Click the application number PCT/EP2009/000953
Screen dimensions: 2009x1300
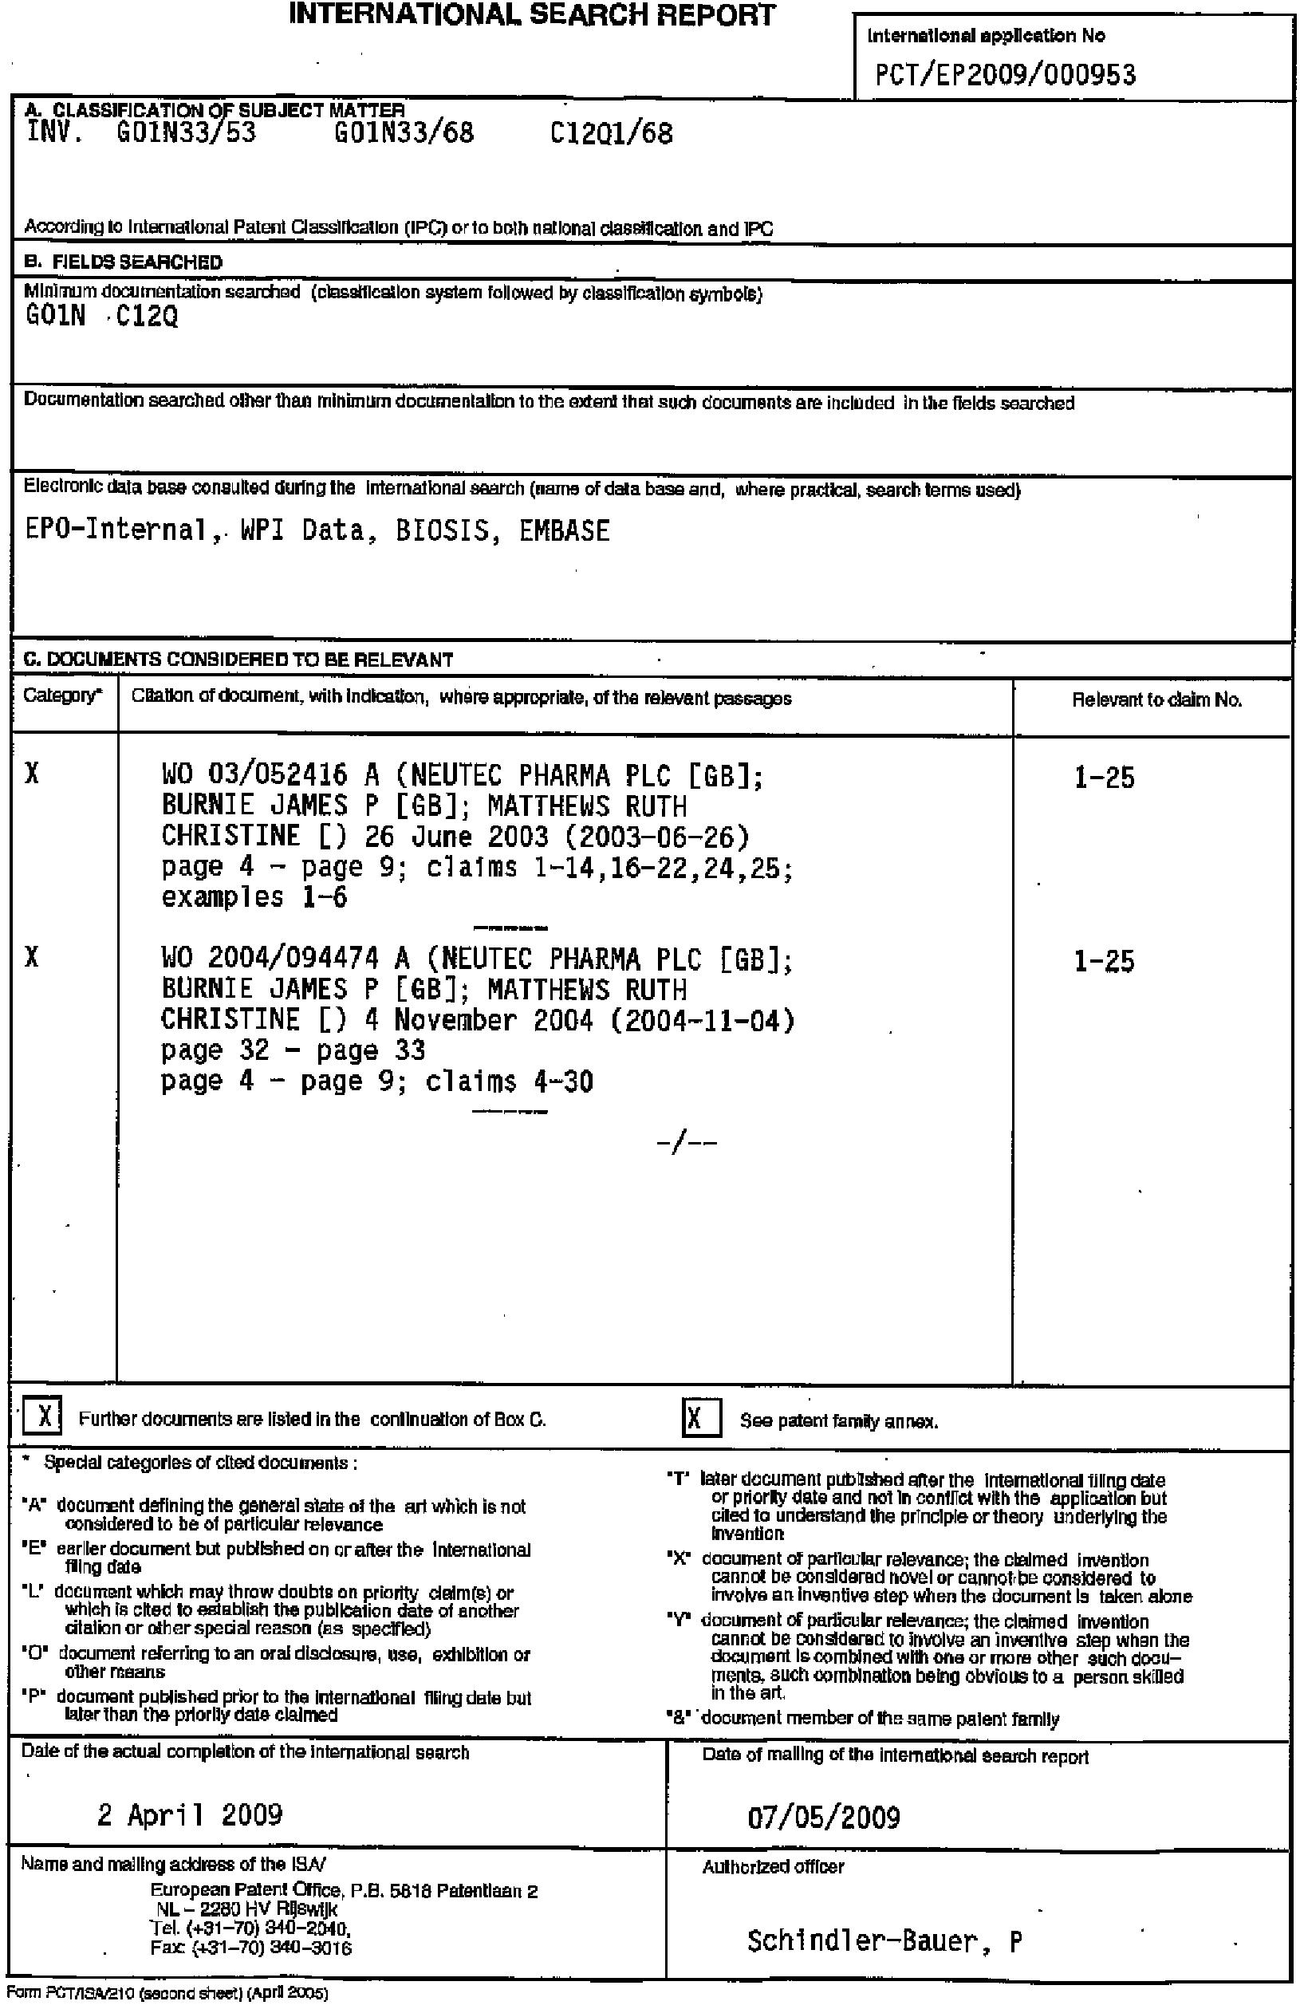pos(1005,75)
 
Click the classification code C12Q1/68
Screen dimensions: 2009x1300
pos(611,133)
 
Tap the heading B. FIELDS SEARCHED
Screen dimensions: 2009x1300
pos(124,262)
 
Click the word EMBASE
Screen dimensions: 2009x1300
pos(564,530)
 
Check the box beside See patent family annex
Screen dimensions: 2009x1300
pos(701,1417)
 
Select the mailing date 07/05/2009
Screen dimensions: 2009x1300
pos(823,1817)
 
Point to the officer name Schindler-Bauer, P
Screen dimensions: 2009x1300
pos(884,1940)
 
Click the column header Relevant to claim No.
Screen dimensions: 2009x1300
pos(1156,699)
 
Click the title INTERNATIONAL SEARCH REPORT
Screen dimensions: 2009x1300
pos(532,14)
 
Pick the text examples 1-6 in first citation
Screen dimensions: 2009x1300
pos(254,896)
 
